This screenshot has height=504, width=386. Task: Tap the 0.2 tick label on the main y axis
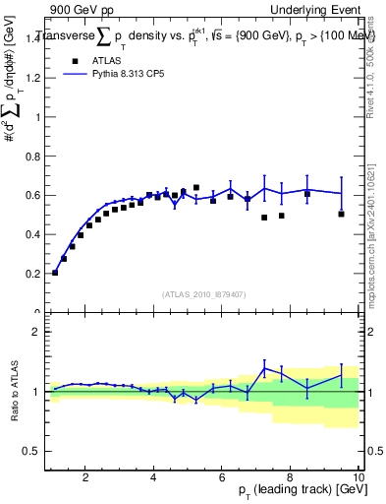(x=32, y=274)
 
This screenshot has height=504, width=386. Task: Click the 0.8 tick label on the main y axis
(x=32, y=157)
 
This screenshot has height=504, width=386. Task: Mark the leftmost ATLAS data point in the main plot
(x=55, y=273)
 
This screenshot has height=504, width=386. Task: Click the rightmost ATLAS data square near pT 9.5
(x=341, y=214)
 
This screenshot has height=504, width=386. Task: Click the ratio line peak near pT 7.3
(x=264, y=368)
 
